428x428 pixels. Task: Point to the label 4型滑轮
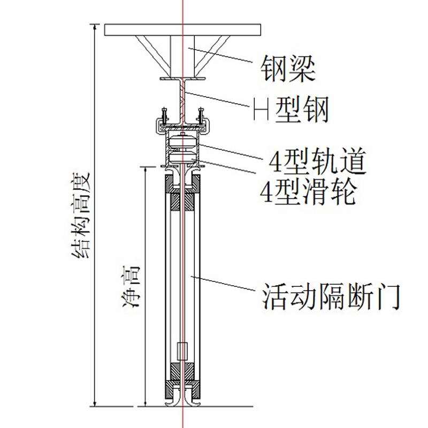click(307, 191)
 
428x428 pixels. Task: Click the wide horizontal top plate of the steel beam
click(182, 30)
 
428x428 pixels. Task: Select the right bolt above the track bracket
click(201, 116)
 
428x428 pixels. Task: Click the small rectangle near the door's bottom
click(182, 351)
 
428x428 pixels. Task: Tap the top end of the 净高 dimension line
click(146, 167)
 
